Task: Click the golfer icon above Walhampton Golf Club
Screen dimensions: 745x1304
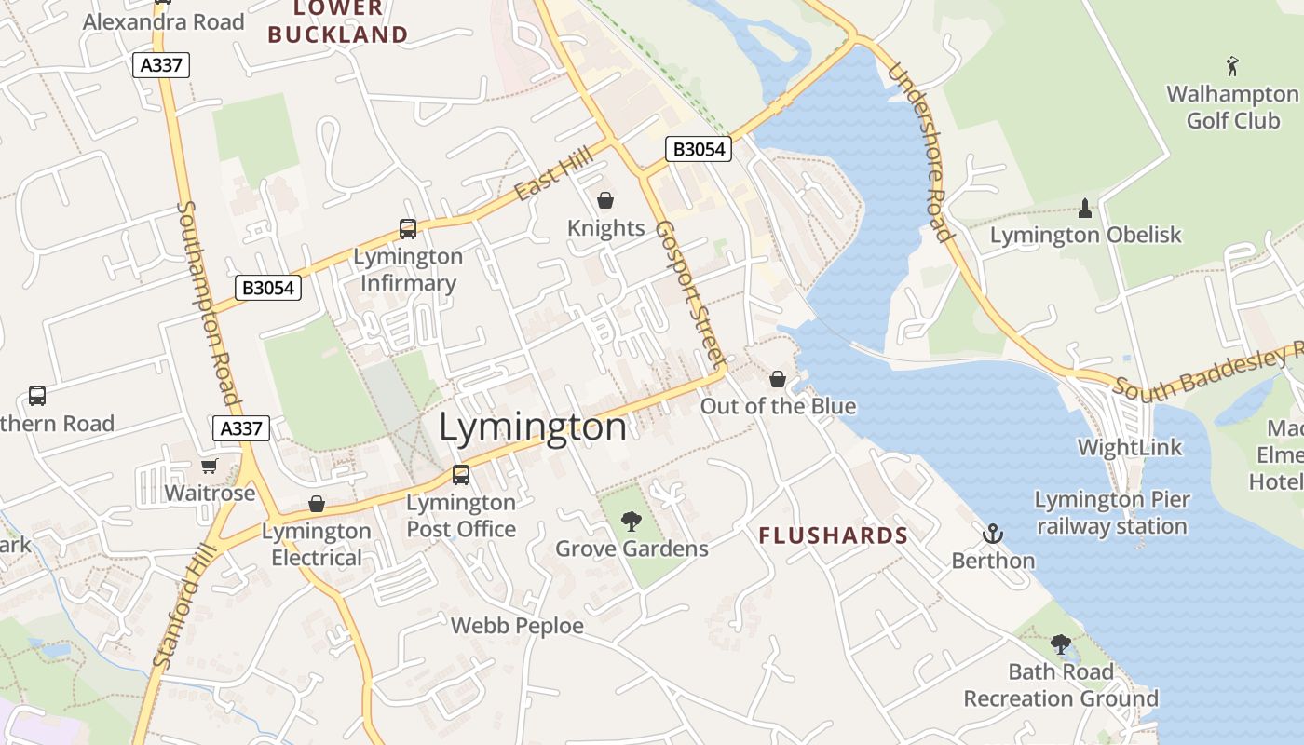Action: (1233, 66)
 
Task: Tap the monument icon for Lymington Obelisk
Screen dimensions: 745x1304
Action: (1084, 208)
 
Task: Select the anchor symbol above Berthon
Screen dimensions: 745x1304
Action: (993, 534)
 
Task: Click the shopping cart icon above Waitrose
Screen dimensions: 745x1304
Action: (209, 466)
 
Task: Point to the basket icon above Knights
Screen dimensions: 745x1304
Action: (605, 200)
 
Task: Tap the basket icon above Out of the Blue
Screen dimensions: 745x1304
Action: (778, 379)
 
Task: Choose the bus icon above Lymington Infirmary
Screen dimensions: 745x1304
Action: (408, 228)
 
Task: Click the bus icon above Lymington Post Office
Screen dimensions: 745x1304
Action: (460, 475)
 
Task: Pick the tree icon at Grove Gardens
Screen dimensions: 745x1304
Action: (632, 521)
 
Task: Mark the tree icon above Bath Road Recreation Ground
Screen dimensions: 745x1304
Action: (1060, 643)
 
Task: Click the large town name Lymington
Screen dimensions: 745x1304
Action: (533, 427)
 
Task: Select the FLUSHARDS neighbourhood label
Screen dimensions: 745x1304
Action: (833, 535)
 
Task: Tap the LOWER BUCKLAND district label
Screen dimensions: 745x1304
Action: (337, 22)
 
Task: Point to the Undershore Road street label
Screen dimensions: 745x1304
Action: (919, 152)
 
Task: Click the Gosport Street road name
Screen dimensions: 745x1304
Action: (690, 293)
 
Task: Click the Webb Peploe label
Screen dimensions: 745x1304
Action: (517, 626)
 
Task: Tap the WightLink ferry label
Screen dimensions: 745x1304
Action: (1129, 447)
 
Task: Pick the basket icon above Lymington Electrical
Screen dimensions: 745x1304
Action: (317, 504)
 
